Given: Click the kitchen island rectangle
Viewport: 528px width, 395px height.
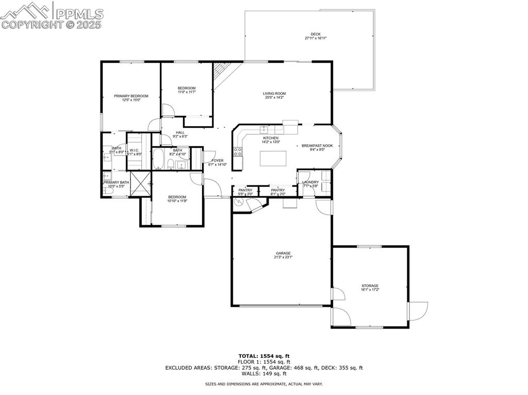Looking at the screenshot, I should coord(272,159).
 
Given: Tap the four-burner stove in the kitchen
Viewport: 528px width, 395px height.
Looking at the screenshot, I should coord(238,151).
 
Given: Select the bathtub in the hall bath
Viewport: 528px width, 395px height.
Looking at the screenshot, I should coord(158,159).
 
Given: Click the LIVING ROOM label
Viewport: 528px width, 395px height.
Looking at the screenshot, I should coord(274,93).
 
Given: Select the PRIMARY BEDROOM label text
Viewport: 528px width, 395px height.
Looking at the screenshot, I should coord(131,96).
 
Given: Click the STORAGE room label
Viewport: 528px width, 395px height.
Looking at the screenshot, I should coord(370,286).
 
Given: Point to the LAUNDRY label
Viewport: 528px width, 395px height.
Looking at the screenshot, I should coord(310,182).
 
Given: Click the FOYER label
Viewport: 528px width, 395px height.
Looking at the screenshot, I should coord(218,161).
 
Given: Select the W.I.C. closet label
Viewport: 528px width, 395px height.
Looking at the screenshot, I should coord(134,150).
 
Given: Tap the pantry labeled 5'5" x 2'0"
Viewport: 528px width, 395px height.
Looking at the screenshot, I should coord(245,192).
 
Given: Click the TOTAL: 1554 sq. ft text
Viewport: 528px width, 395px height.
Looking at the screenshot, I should coord(264,356).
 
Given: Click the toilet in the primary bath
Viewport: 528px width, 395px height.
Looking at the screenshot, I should coord(108,191).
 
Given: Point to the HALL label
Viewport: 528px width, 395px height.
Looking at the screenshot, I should coord(166,132).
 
